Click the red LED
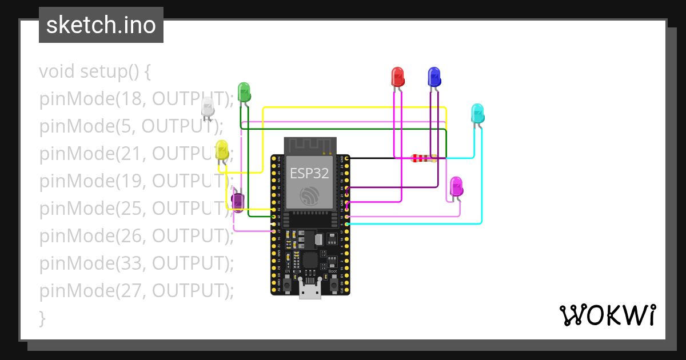pos(397,77)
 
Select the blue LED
pos(434,77)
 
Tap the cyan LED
pos(477,113)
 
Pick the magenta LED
pos(456,186)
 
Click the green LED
pos(244,92)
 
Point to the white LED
pos(208,107)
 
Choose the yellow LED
pos(222,150)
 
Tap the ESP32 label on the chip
pos(309,173)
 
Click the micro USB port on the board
pos(310,291)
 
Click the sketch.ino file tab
pos(101,25)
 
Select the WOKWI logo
pos(607,315)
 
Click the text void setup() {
pos(95,72)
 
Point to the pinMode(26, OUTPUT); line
pos(136,235)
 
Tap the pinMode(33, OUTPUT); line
pos(136,263)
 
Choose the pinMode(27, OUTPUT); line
pos(136,290)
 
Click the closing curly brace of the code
pos(42,318)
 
